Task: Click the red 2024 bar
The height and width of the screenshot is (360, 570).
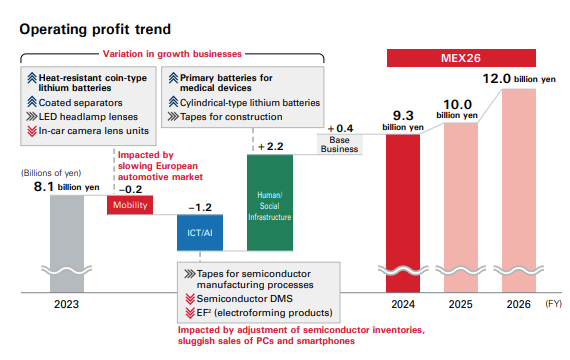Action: pyautogui.click(x=404, y=210)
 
